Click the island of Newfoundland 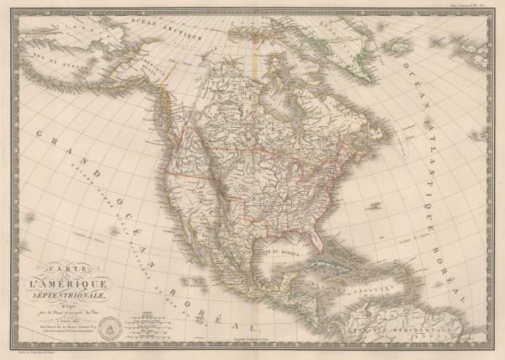[383, 145]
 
